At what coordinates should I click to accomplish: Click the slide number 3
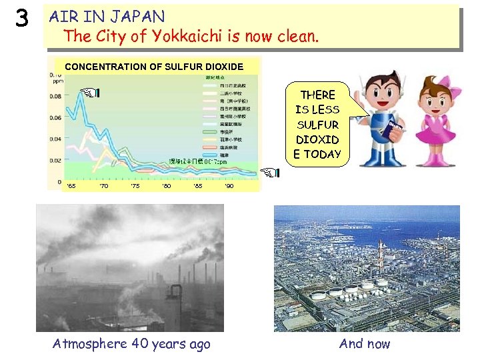(23, 20)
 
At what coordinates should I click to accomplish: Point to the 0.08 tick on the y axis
(56, 96)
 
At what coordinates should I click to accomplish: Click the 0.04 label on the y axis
(56, 139)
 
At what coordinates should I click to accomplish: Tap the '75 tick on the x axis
(135, 186)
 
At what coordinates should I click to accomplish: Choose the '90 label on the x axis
(229, 186)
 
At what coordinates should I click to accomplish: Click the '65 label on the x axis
(71, 186)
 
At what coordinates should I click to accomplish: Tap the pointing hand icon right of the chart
(270, 173)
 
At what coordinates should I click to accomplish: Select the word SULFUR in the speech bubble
(317, 125)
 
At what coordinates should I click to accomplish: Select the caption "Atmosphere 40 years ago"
(131, 344)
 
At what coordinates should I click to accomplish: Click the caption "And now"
(365, 344)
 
